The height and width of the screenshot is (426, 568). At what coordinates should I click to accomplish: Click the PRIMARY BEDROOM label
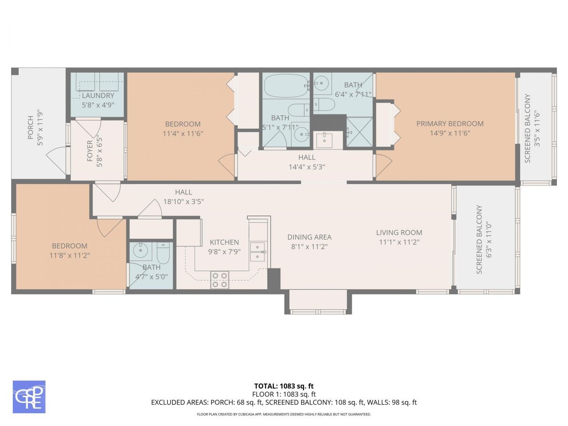coord(450,124)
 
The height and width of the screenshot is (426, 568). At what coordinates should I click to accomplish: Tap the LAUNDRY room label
coord(98,95)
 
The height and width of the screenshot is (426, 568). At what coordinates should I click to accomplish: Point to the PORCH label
coord(30,127)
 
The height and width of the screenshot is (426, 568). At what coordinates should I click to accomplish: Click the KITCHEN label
coord(224,242)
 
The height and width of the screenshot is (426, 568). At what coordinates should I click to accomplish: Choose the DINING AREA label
coord(309,237)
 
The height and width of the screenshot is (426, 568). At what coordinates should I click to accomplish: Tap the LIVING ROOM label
coord(399,233)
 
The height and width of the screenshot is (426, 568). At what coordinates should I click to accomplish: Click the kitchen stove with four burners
coord(219,280)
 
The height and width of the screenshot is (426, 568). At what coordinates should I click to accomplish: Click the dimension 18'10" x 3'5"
coord(183,201)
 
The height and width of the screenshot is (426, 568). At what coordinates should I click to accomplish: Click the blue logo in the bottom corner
coord(29,397)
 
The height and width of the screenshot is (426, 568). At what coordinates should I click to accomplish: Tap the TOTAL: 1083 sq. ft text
coord(284,386)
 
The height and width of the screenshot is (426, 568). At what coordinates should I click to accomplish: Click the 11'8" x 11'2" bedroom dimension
coord(70,255)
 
